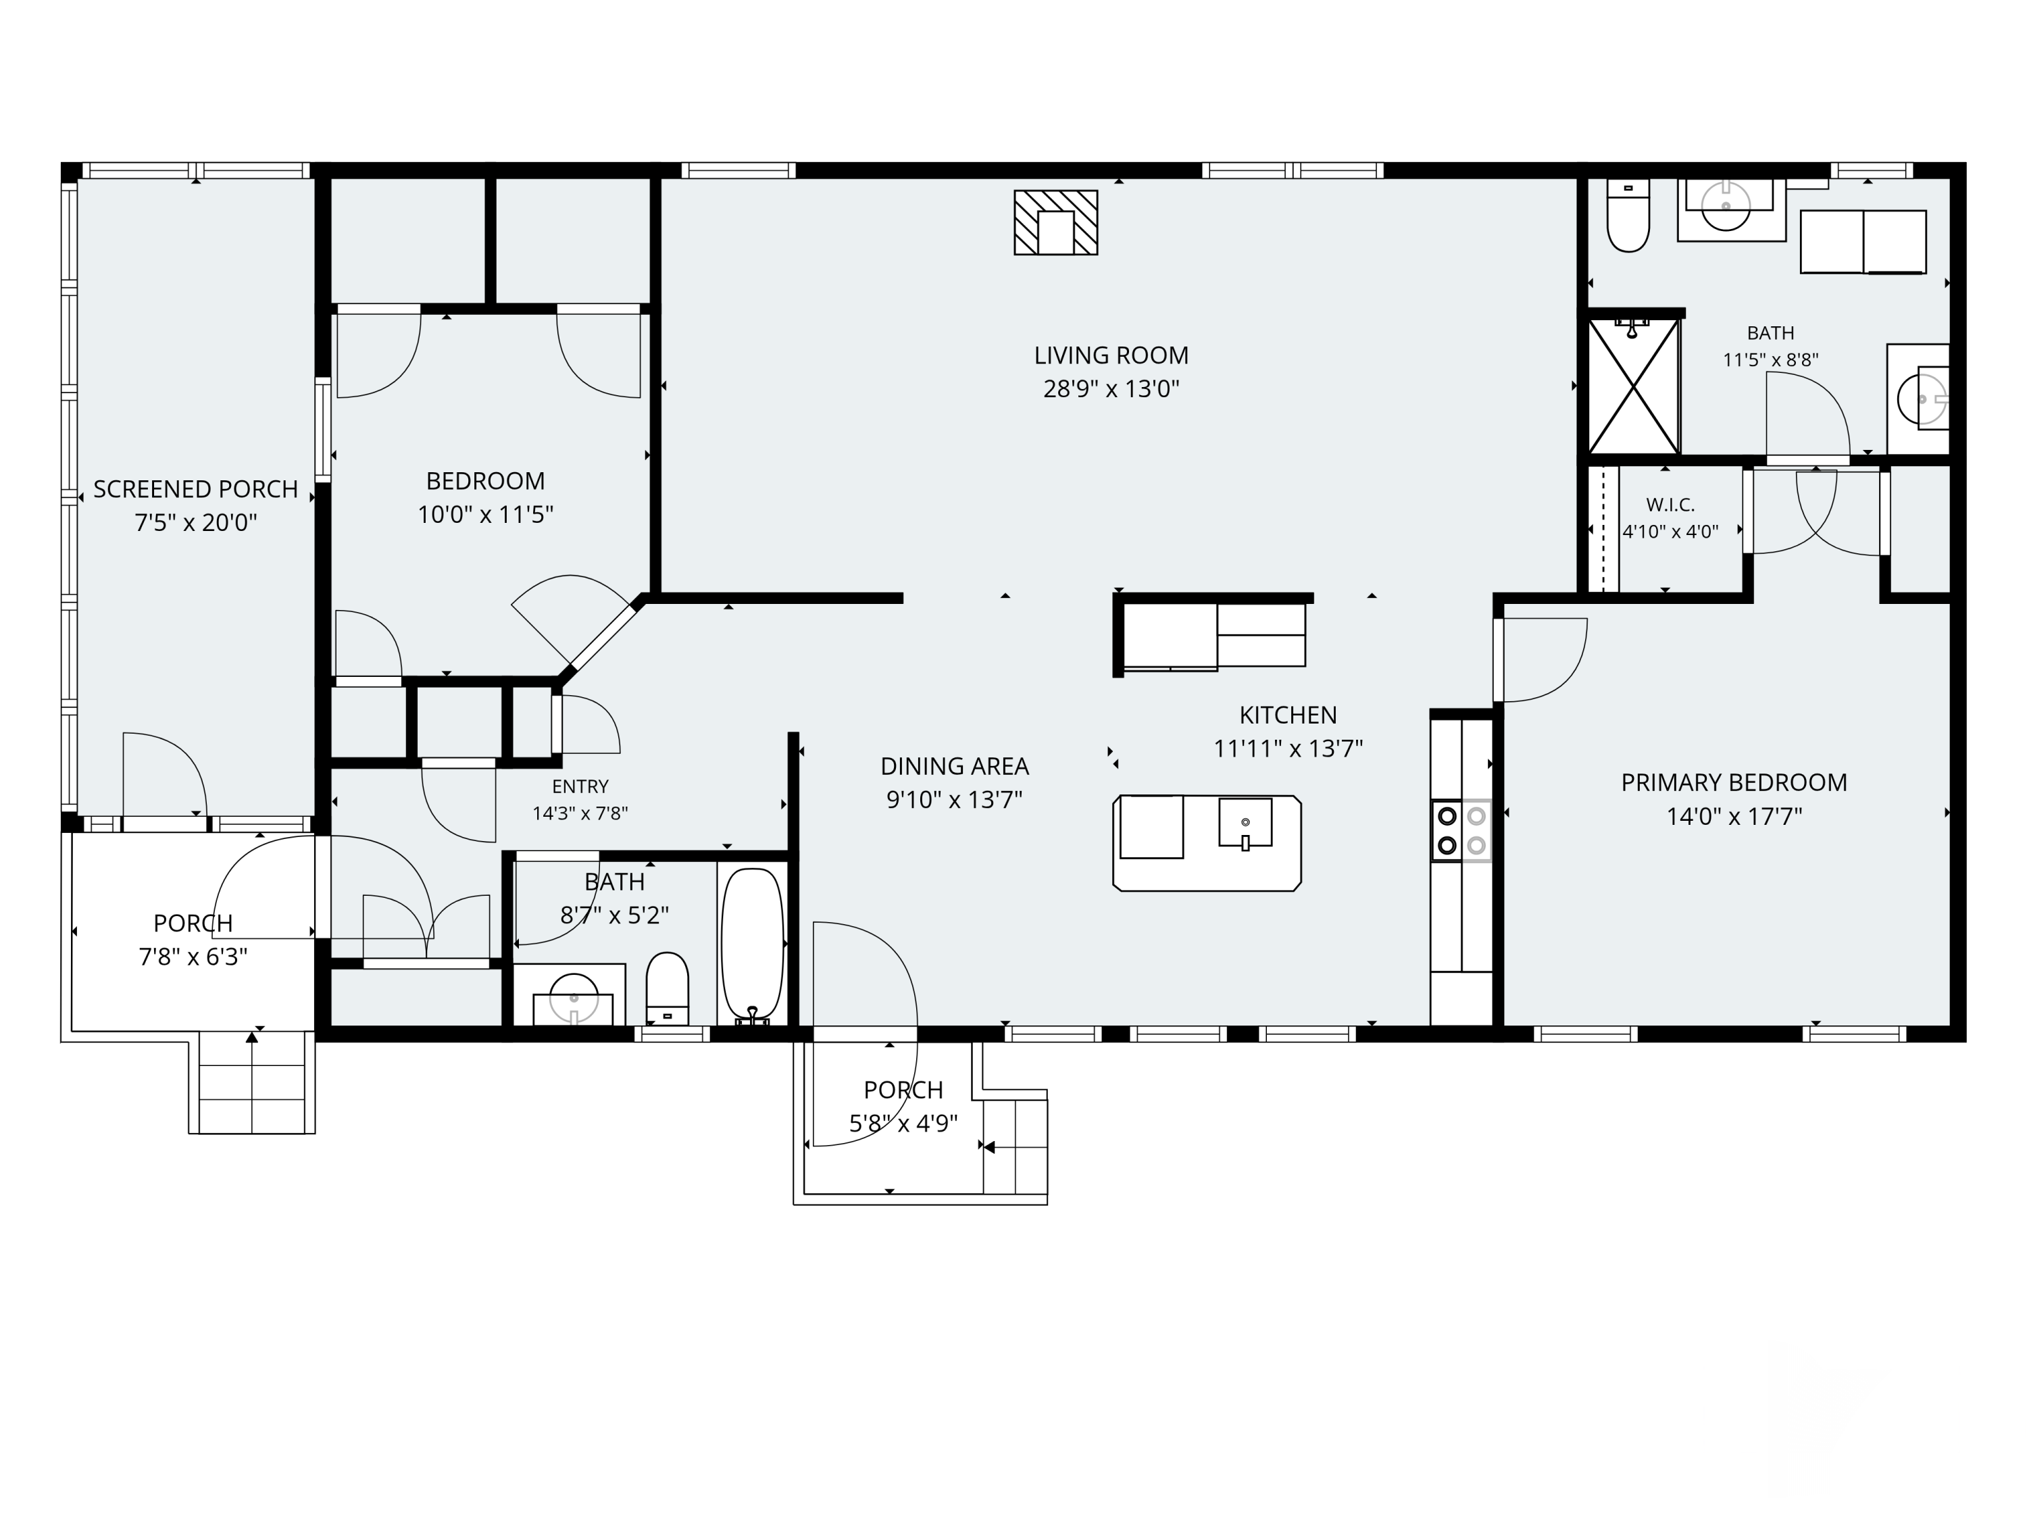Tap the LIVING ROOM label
[x=1111, y=355]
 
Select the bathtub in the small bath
[x=752, y=946]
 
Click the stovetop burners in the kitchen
[x=1461, y=830]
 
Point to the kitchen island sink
[x=1245, y=822]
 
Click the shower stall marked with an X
[x=1633, y=386]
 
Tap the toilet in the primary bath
[x=1628, y=216]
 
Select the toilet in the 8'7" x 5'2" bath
[x=667, y=988]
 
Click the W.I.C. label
[x=1670, y=505]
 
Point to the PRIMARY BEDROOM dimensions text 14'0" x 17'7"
[x=1734, y=816]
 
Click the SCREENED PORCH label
[x=196, y=489]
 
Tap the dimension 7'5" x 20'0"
[x=196, y=523]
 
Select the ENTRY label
[x=580, y=787]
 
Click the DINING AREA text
[x=955, y=766]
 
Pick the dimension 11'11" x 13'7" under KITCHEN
[x=1288, y=749]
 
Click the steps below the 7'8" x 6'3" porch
[x=252, y=1082]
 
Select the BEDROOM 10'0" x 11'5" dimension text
[x=486, y=515]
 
